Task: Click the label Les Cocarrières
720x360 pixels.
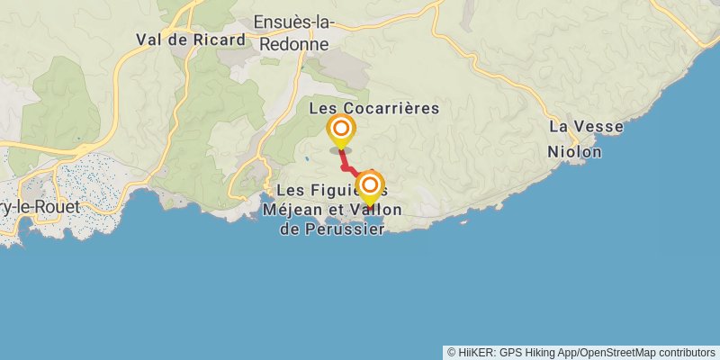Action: tap(373, 108)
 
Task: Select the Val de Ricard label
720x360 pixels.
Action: tap(190, 40)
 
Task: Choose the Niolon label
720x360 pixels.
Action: tap(574, 152)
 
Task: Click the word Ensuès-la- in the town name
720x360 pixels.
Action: tap(294, 22)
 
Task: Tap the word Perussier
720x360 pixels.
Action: tap(346, 229)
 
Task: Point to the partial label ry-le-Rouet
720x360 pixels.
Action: tap(40, 206)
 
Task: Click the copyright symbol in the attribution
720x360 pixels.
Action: tap(452, 352)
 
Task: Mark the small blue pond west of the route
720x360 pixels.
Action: tap(308, 158)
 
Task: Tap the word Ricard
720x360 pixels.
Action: tap(223, 40)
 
